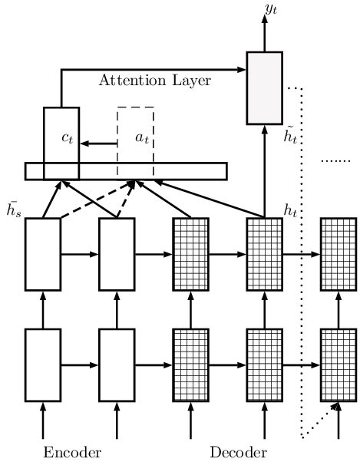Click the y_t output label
[272, 9]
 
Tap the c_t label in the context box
[68, 138]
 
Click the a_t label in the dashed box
[142, 138]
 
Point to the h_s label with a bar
[13, 209]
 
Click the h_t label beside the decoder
[291, 210]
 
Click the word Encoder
[72, 450]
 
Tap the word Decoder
[238, 450]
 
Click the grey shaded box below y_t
[264, 87]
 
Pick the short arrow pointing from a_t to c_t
[98, 144]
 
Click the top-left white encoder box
[43, 254]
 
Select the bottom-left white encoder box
[43, 365]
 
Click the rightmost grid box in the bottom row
[338, 365]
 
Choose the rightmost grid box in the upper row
[338, 254]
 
